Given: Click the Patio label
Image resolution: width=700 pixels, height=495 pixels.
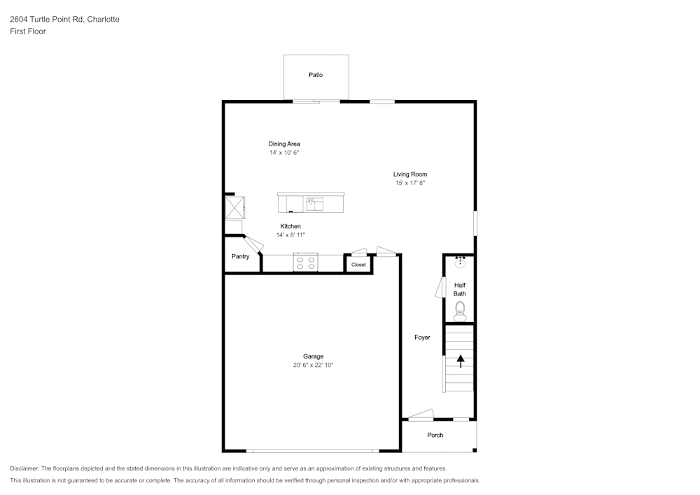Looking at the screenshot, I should pyautogui.click(x=316, y=75).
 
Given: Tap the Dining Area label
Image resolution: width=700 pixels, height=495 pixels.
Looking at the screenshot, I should pyautogui.click(x=284, y=144).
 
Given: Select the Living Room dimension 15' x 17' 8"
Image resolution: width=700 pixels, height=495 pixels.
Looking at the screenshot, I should pyautogui.click(x=410, y=183).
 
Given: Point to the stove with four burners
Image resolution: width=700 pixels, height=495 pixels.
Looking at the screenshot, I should pyautogui.click(x=305, y=263).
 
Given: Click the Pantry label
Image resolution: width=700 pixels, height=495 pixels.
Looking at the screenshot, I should pyautogui.click(x=240, y=257).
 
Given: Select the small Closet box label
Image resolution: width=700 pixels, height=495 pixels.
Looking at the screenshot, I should pyautogui.click(x=358, y=265).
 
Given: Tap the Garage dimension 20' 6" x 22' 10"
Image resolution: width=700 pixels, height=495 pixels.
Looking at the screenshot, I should pyautogui.click(x=313, y=365).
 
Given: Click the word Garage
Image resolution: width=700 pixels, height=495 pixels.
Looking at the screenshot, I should pyautogui.click(x=313, y=356).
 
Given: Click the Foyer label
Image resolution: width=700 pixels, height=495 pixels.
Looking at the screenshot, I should pyautogui.click(x=422, y=337).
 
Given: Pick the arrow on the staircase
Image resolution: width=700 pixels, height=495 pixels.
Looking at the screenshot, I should pyautogui.click(x=461, y=361).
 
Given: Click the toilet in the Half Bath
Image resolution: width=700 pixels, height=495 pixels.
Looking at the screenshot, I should pyautogui.click(x=460, y=312).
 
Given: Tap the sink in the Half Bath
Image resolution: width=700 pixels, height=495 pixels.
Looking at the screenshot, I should pyautogui.click(x=460, y=262).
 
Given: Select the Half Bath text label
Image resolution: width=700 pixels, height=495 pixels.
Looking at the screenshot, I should pyautogui.click(x=460, y=289).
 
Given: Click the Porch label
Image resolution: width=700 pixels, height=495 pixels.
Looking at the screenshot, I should pyautogui.click(x=435, y=435).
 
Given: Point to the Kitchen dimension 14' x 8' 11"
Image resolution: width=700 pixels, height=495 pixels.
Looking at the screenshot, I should pyautogui.click(x=290, y=235).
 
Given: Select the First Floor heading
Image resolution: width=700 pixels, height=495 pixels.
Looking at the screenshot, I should pyautogui.click(x=28, y=32).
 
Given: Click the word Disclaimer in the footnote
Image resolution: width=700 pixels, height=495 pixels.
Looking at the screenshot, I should pyautogui.click(x=24, y=468).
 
